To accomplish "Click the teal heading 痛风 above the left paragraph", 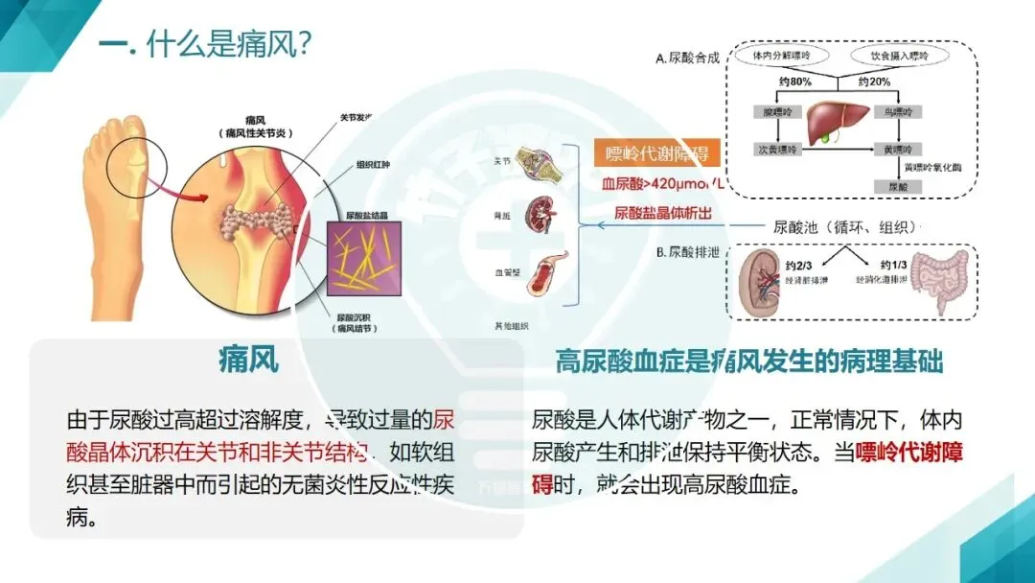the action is (249, 361).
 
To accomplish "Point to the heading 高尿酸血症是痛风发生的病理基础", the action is (749, 361).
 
